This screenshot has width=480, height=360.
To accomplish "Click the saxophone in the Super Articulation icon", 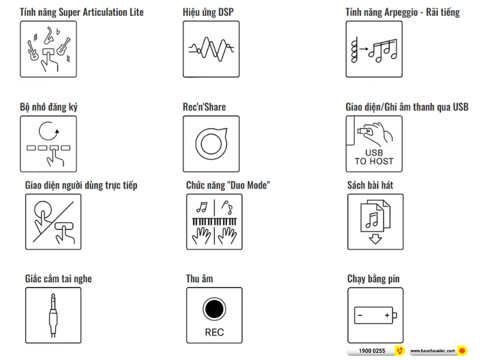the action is [49, 36].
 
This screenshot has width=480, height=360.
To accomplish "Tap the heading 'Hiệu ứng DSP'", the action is [208, 12].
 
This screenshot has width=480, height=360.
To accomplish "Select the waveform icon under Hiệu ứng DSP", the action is [211, 49].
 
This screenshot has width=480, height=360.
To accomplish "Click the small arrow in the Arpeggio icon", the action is [364, 49].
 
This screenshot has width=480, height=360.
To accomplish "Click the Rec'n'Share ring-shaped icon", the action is [211, 143].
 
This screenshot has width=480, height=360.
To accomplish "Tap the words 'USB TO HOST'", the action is [374, 157].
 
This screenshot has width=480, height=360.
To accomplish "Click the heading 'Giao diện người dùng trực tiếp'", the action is [81, 185].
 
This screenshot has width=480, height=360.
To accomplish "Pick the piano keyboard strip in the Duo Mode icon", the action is [214, 221].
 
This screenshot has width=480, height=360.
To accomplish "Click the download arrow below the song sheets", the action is [376, 239].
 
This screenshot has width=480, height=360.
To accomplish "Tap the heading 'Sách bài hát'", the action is [370, 185].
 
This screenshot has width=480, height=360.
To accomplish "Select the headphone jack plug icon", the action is [53, 316].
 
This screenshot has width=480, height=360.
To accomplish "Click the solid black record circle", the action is [214, 309].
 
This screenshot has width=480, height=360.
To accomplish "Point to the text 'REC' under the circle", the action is [214, 332].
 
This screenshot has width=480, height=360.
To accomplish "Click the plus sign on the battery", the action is [387, 315].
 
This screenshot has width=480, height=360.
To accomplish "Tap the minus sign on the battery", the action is [360, 316].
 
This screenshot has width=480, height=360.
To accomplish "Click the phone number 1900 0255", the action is [372, 351].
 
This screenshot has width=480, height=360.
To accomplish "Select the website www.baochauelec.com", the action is [433, 351].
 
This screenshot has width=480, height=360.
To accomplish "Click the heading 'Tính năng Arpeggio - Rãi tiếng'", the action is [403, 12].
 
